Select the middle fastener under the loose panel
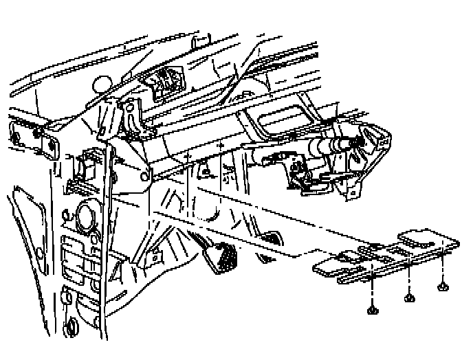410,297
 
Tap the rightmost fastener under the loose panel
443,286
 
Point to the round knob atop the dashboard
102,82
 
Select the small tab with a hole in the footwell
156,256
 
